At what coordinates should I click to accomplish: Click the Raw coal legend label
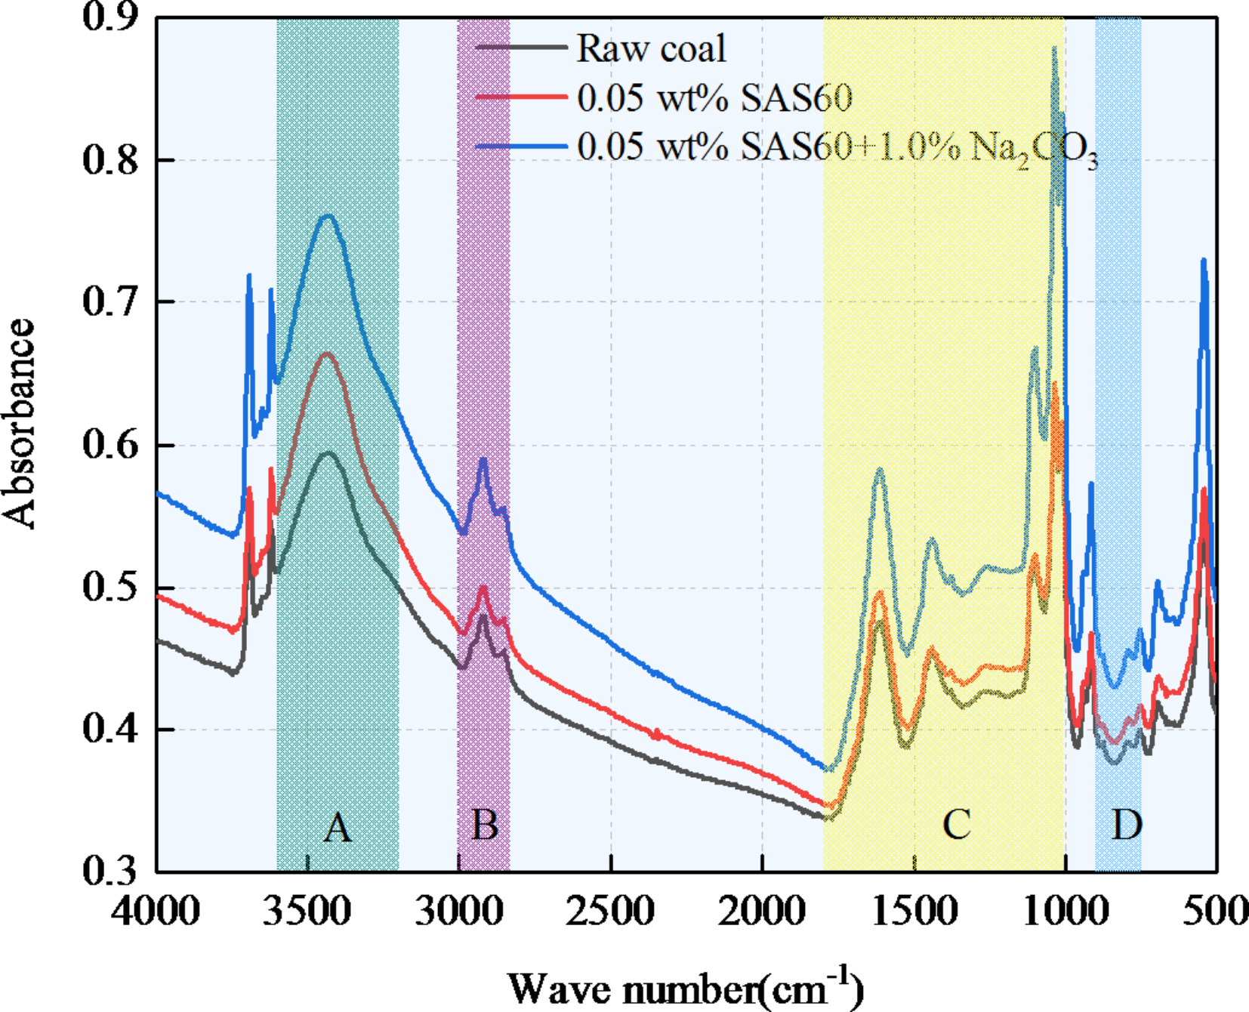651,48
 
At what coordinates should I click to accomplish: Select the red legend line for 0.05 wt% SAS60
521,97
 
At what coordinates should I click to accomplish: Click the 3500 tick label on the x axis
307,910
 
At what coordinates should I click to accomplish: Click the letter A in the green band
338,827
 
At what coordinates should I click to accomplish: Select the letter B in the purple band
484,825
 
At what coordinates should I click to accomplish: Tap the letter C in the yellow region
956,824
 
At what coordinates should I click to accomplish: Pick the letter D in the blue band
1126,825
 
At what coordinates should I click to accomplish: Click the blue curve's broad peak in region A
328,216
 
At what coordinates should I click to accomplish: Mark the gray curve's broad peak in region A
328,452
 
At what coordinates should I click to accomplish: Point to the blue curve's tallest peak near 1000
1054,49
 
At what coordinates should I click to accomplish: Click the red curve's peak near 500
1204,490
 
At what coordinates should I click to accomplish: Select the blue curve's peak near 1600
879,470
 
